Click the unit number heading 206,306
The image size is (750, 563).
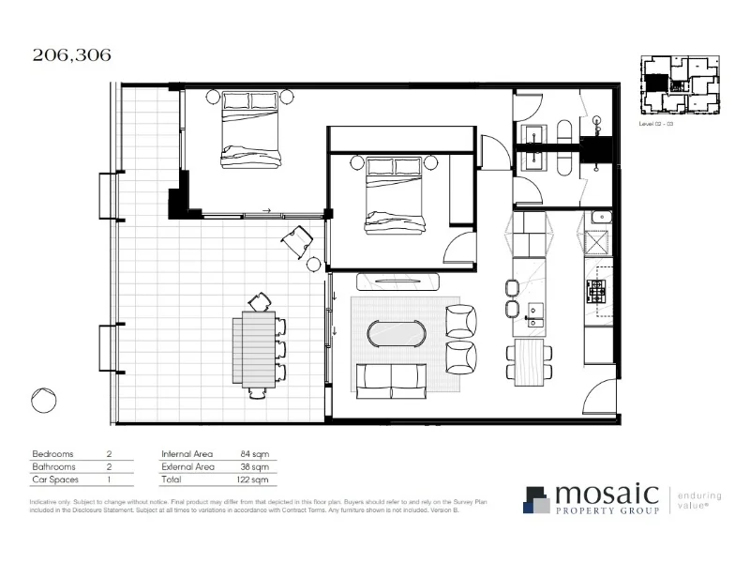pos(71,54)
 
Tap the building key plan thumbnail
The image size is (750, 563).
pos(674,85)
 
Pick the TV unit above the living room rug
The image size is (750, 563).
pos(397,281)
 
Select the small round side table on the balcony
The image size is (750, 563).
pos(313,264)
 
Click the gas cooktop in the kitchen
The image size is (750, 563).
pos(597,287)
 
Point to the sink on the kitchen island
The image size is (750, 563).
pos(536,312)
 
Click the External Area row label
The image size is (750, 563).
pos(187,465)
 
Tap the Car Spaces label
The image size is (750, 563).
pos(54,479)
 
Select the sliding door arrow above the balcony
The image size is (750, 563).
pos(267,211)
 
